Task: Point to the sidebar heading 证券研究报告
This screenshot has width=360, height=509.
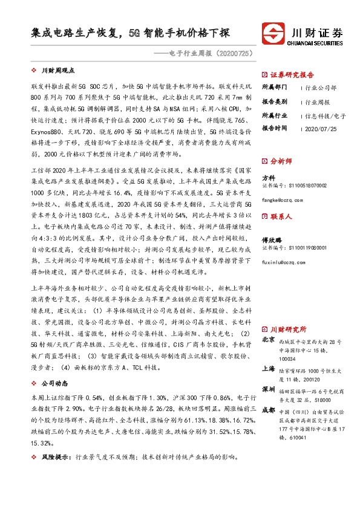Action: tap(289, 74)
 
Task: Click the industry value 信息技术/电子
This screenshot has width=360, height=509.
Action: tap(326, 115)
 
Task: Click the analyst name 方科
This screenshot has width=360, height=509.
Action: tap(268, 178)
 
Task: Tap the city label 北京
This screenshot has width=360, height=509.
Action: tap(268, 340)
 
